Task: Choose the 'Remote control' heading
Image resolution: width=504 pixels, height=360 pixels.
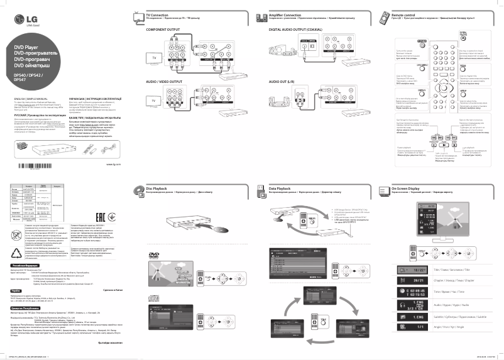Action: pyautogui.click(x=403, y=14)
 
